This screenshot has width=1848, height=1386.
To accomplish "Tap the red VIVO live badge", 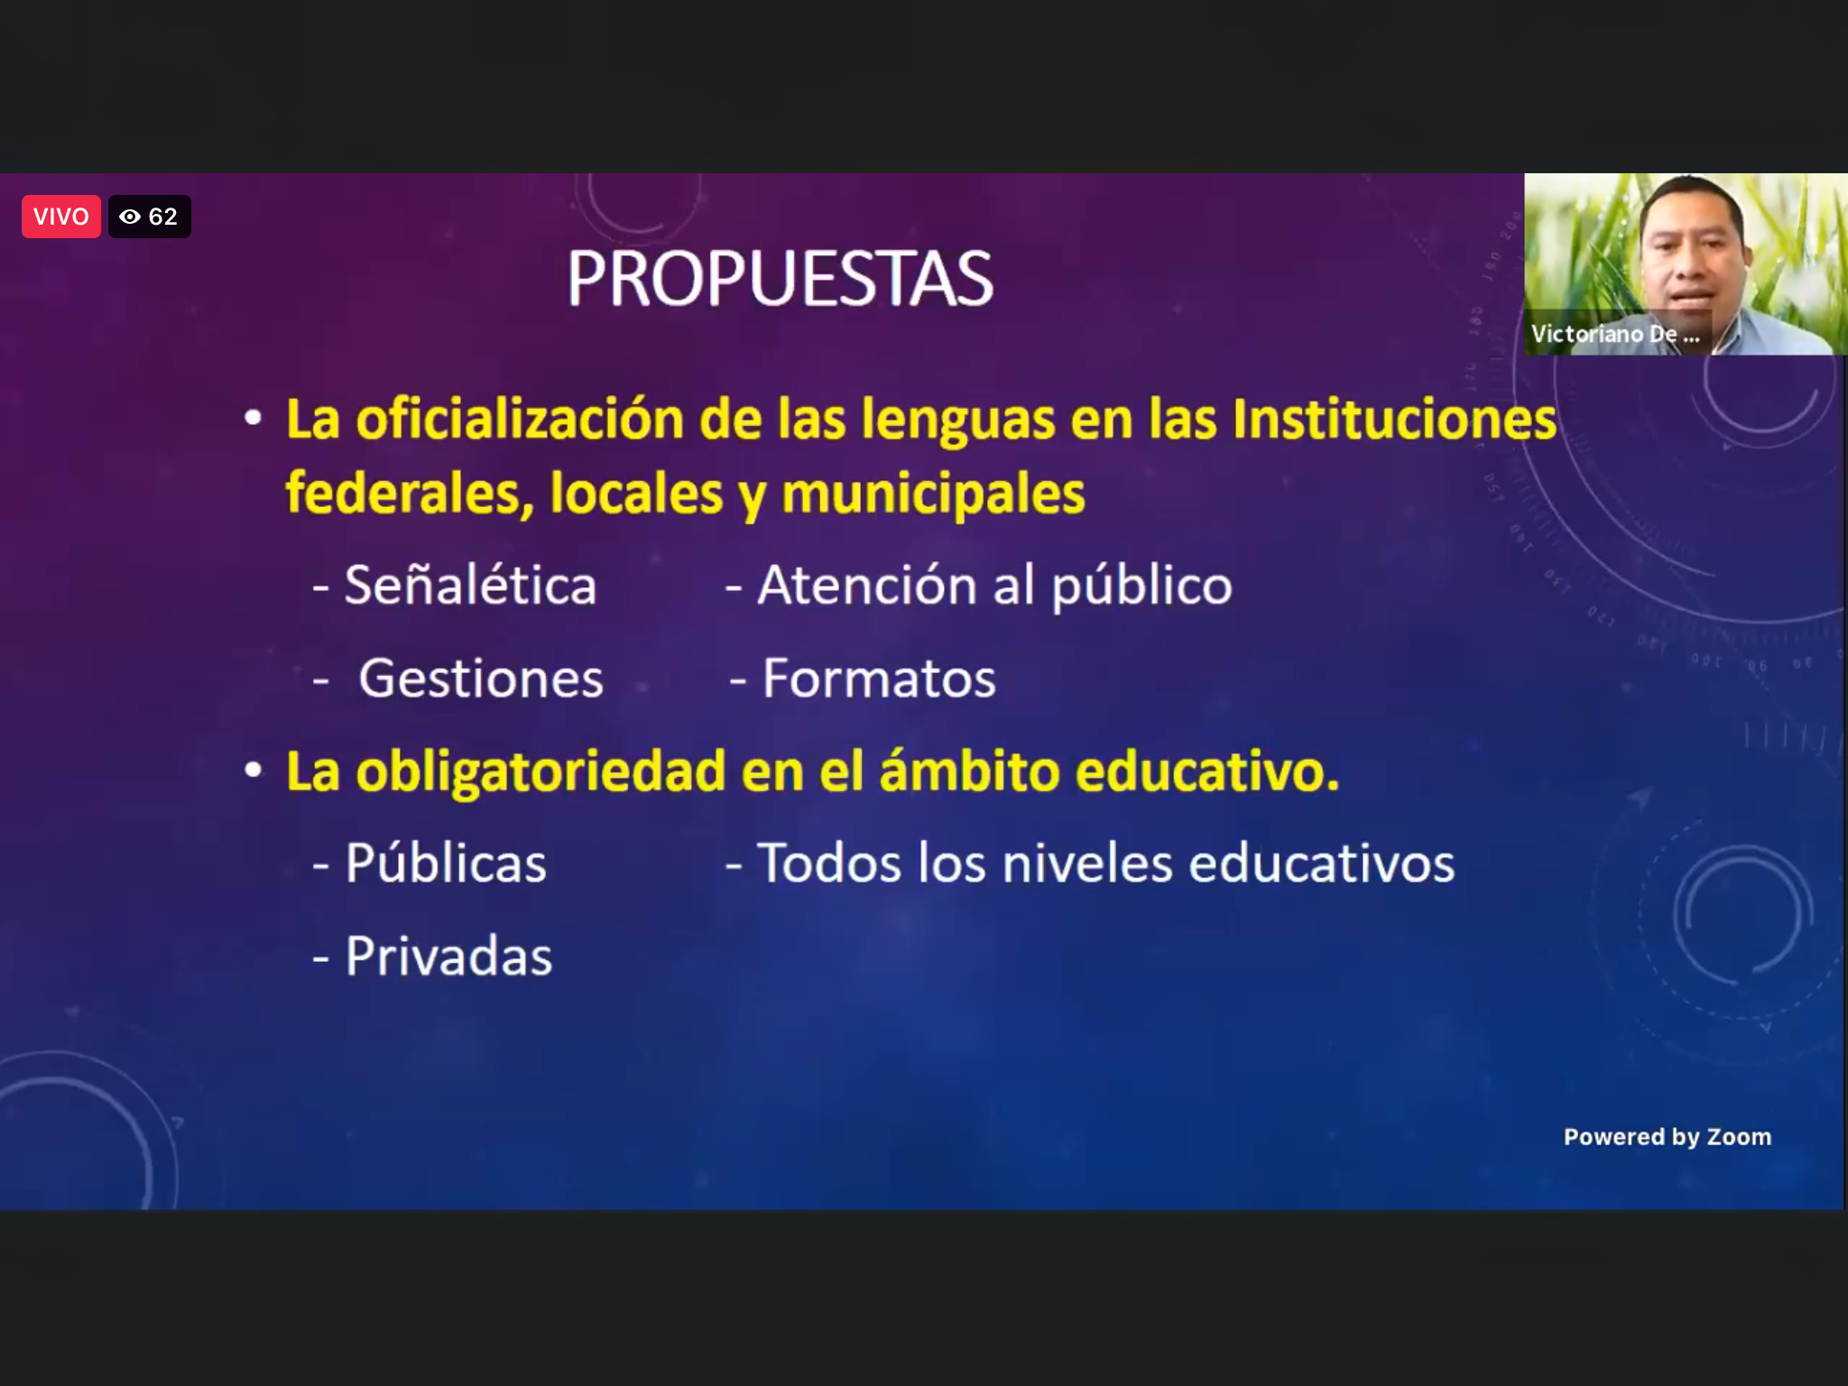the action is [61, 217].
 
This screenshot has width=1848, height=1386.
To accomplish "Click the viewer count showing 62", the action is [149, 217].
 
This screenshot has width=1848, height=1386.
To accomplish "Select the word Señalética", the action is [470, 585].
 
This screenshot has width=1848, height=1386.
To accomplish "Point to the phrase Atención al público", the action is [994, 587].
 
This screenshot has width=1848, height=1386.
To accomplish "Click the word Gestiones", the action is [481, 678].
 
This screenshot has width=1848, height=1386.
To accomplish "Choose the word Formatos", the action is [879, 678].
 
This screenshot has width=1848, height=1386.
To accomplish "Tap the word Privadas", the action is [448, 956].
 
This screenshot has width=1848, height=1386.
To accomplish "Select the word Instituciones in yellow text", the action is [1394, 420].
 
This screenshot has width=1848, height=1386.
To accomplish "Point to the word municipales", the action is [933, 495].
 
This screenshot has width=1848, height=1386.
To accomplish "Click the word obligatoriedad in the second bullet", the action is [541, 773].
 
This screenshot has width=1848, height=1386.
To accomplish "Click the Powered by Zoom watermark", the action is [1668, 1137].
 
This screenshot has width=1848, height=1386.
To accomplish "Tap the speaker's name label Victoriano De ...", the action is [1614, 334].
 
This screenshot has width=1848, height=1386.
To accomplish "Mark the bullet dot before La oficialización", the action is [254, 419].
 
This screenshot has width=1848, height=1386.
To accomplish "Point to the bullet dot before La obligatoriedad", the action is [254, 770].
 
